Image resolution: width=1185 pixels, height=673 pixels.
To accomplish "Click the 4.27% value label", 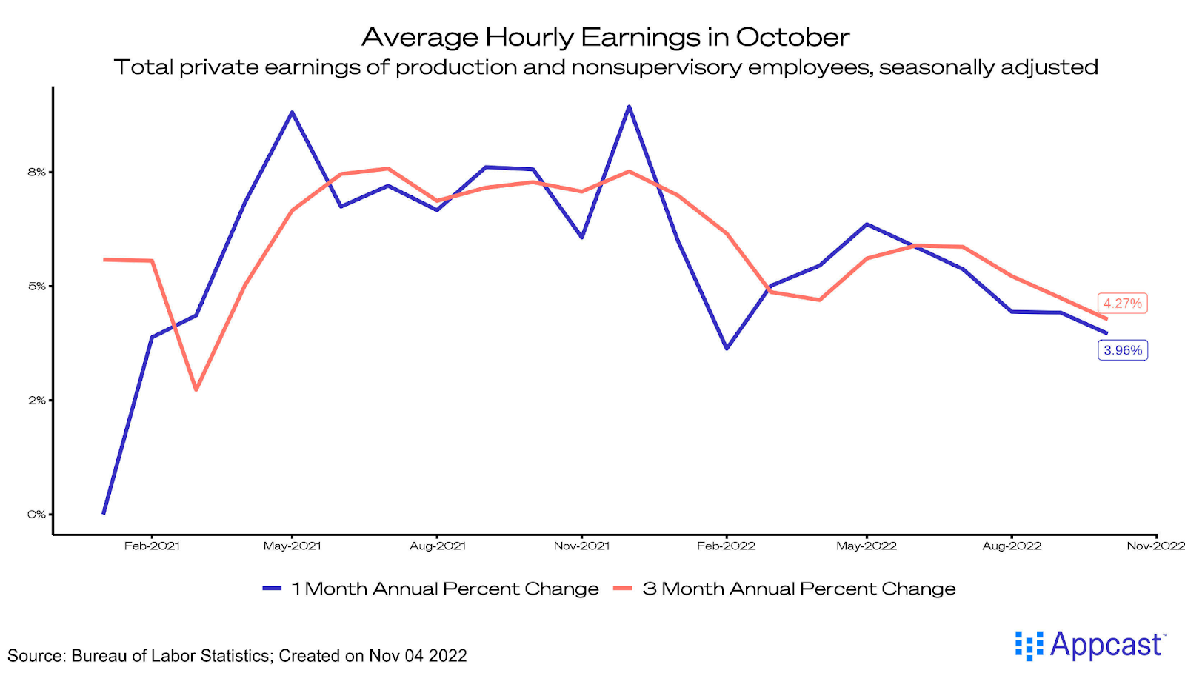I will coord(1122,304).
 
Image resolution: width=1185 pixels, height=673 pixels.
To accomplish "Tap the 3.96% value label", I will coord(1123,350).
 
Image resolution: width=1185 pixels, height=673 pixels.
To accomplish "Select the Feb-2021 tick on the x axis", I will coord(152,546).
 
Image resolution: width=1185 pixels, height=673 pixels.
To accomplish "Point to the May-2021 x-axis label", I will coord(292,546).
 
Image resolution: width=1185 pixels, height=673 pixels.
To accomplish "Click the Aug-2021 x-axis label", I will coord(438,546).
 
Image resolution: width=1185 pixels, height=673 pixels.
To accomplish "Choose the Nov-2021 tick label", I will coord(581,546).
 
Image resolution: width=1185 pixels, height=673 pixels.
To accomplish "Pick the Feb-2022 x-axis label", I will coord(726,546).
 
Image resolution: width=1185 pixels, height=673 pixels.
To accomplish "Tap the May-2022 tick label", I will coord(866,546).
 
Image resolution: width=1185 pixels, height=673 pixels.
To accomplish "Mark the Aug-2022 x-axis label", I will coord(1012,546).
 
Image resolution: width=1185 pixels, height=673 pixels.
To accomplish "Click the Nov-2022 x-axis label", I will coord(1155,546).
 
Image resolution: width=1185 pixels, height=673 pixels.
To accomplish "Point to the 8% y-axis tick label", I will coord(36,173).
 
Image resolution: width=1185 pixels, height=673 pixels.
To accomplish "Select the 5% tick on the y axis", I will coord(36,287).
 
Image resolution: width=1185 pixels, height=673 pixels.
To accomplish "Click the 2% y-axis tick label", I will coord(36,401).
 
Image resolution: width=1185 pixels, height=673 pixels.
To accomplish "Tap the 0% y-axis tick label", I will coord(36,515).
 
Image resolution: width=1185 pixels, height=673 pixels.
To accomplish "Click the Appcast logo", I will coord(1090,646).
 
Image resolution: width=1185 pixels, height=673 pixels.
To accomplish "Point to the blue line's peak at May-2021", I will coord(293,113).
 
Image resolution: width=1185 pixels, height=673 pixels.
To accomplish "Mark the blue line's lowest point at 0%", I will coord(104,513).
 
